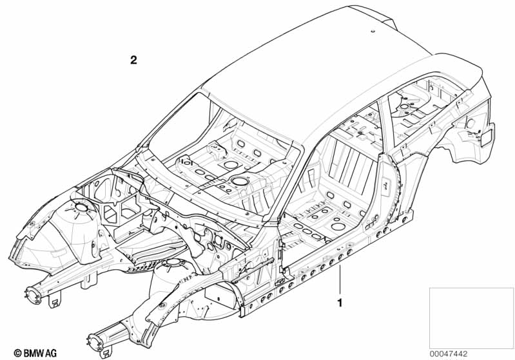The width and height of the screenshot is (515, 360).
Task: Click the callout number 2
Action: pyautogui.click(x=133, y=60)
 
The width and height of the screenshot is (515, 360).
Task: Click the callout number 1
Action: pyautogui.click(x=340, y=303)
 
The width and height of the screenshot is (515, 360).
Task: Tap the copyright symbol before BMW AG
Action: pyautogui.click(x=17, y=353)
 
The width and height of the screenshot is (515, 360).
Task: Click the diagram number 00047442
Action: pyautogui.click(x=449, y=354)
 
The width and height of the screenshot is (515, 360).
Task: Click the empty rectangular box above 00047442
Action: pyautogui.click(x=471, y=318)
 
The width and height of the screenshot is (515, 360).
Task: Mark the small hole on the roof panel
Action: pyautogui.click(x=373, y=32)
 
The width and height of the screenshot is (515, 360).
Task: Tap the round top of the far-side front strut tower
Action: pyautogui.click(x=80, y=207)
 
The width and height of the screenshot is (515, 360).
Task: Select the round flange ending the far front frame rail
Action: pyautogui.click(x=34, y=293)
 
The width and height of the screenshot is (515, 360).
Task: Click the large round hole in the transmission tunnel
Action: pyautogui.click(x=239, y=180)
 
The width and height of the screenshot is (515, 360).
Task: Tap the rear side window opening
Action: pyautogui.click(x=423, y=108)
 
